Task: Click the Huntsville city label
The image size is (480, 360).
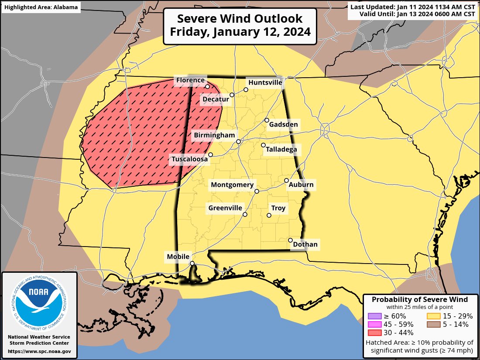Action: click(x=265, y=82)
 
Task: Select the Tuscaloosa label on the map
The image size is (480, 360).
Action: click(x=189, y=160)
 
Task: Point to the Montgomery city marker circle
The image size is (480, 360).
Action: click(x=257, y=191)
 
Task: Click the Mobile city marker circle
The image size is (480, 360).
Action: click(x=192, y=263)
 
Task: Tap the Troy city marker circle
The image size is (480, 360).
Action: click(x=269, y=215)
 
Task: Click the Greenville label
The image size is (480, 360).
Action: click(x=225, y=208)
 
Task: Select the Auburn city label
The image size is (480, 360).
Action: click(x=301, y=185)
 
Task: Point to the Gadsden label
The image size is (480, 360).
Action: click(x=283, y=125)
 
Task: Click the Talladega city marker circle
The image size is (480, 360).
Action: click(x=263, y=145)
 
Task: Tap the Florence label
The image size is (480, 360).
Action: click(x=190, y=80)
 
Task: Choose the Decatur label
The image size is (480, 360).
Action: click(x=216, y=99)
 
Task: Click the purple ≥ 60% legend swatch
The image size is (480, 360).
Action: click(x=375, y=316)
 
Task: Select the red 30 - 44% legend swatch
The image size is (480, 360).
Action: click(x=375, y=333)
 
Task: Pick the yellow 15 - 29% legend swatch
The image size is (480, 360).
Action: click(x=433, y=316)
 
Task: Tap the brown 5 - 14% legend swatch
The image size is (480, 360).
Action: click(x=433, y=324)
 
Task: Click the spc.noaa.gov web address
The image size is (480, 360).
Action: click(x=39, y=351)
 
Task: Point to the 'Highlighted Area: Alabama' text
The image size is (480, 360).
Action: click(x=41, y=7)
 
